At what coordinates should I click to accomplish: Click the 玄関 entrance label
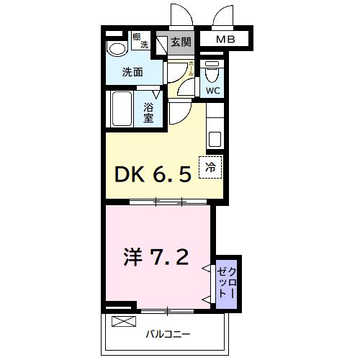pos(181,42)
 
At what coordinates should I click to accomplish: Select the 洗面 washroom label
pos(132,72)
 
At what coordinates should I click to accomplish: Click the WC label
pos(212,91)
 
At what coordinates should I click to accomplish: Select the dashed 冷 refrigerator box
pos(211,166)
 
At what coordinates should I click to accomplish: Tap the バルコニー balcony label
pos(168,334)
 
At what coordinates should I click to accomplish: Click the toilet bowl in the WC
pos(212,73)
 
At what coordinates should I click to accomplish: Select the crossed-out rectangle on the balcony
pos(124,321)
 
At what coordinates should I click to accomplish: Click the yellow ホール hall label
pos(191,69)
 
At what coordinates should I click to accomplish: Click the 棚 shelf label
pos(137,36)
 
